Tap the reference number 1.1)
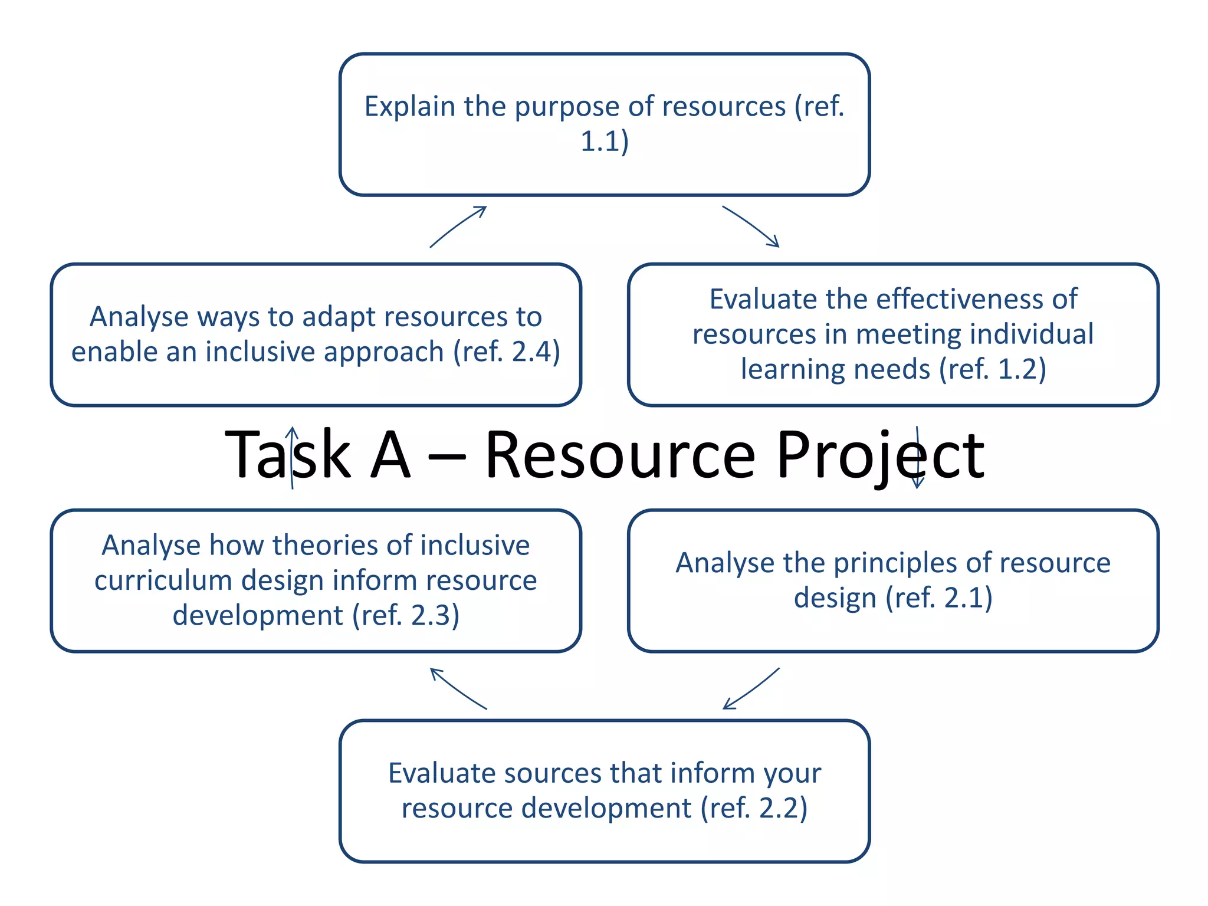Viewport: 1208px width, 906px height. (x=605, y=142)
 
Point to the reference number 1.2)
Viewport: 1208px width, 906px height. (x=1021, y=369)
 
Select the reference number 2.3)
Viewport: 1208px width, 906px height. (x=435, y=616)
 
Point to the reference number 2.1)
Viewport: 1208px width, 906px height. (x=968, y=598)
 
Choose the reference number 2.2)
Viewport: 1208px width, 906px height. (x=783, y=808)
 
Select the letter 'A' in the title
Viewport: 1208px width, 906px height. (x=390, y=455)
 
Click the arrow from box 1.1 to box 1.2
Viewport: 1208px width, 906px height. (x=751, y=226)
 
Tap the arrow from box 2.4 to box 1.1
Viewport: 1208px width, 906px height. (x=458, y=226)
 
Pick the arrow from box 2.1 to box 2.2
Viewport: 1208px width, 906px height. (x=751, y=688)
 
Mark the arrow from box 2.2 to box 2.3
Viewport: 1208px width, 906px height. (x=458, y=688)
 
